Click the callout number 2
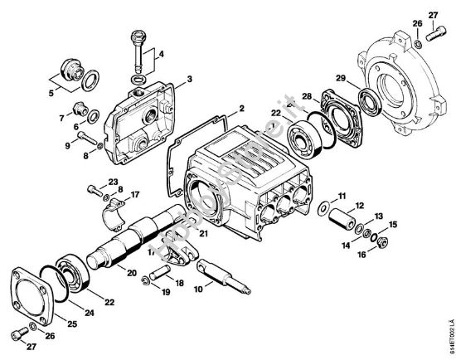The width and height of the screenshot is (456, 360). pyautogui.click(x=242, y=109)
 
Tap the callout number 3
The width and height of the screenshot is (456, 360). pyautogui.click(x=190, y=79)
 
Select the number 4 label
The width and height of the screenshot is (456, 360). pyautogui.click(x=161, y=56)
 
